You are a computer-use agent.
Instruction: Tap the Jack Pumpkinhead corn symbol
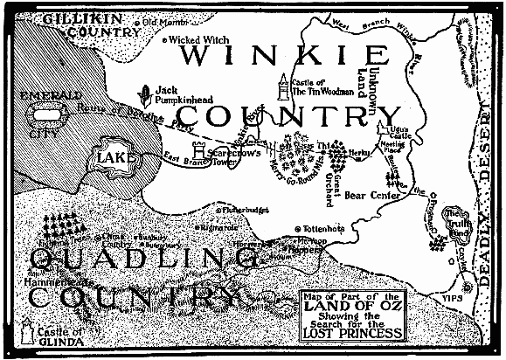coord(146,93)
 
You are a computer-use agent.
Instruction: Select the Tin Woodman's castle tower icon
coord(282,87)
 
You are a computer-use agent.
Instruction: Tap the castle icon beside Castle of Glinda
coord(26,333)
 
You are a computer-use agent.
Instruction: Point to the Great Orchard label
coord(334,187)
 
